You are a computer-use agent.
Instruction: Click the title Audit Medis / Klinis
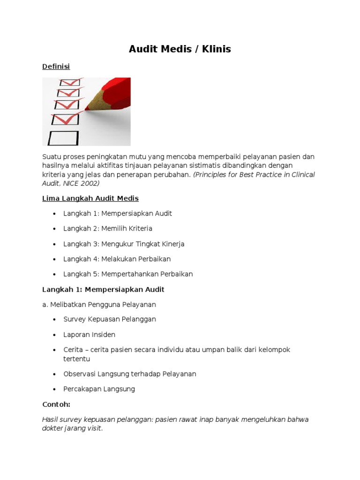coord(180,49)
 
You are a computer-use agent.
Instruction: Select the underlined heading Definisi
coord(56,67)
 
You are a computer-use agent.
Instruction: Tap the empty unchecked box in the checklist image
coord(63,137)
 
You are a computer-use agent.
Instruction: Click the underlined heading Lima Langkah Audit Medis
coord(90,198)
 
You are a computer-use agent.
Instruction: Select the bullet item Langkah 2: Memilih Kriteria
coord(108,228)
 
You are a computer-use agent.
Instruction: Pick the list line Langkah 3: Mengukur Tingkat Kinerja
coord(124,244)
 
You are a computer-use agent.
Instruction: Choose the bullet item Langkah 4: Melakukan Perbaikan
coord(117,259)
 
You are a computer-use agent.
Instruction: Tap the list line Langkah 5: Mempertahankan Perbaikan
coord(128,274)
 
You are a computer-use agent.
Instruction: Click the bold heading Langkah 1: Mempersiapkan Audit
coord(103,289)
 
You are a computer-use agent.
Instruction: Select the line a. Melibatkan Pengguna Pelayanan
coord(99,304)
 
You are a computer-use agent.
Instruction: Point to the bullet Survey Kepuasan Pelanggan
coord(110,319)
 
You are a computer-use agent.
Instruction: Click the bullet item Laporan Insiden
coord(89,335)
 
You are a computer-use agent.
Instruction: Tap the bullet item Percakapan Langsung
coord(99,389)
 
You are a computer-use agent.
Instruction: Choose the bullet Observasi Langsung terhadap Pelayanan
coord(129,374)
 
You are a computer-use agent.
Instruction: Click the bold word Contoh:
coord(56,404)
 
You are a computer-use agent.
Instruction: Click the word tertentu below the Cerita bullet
coord(76,359)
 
